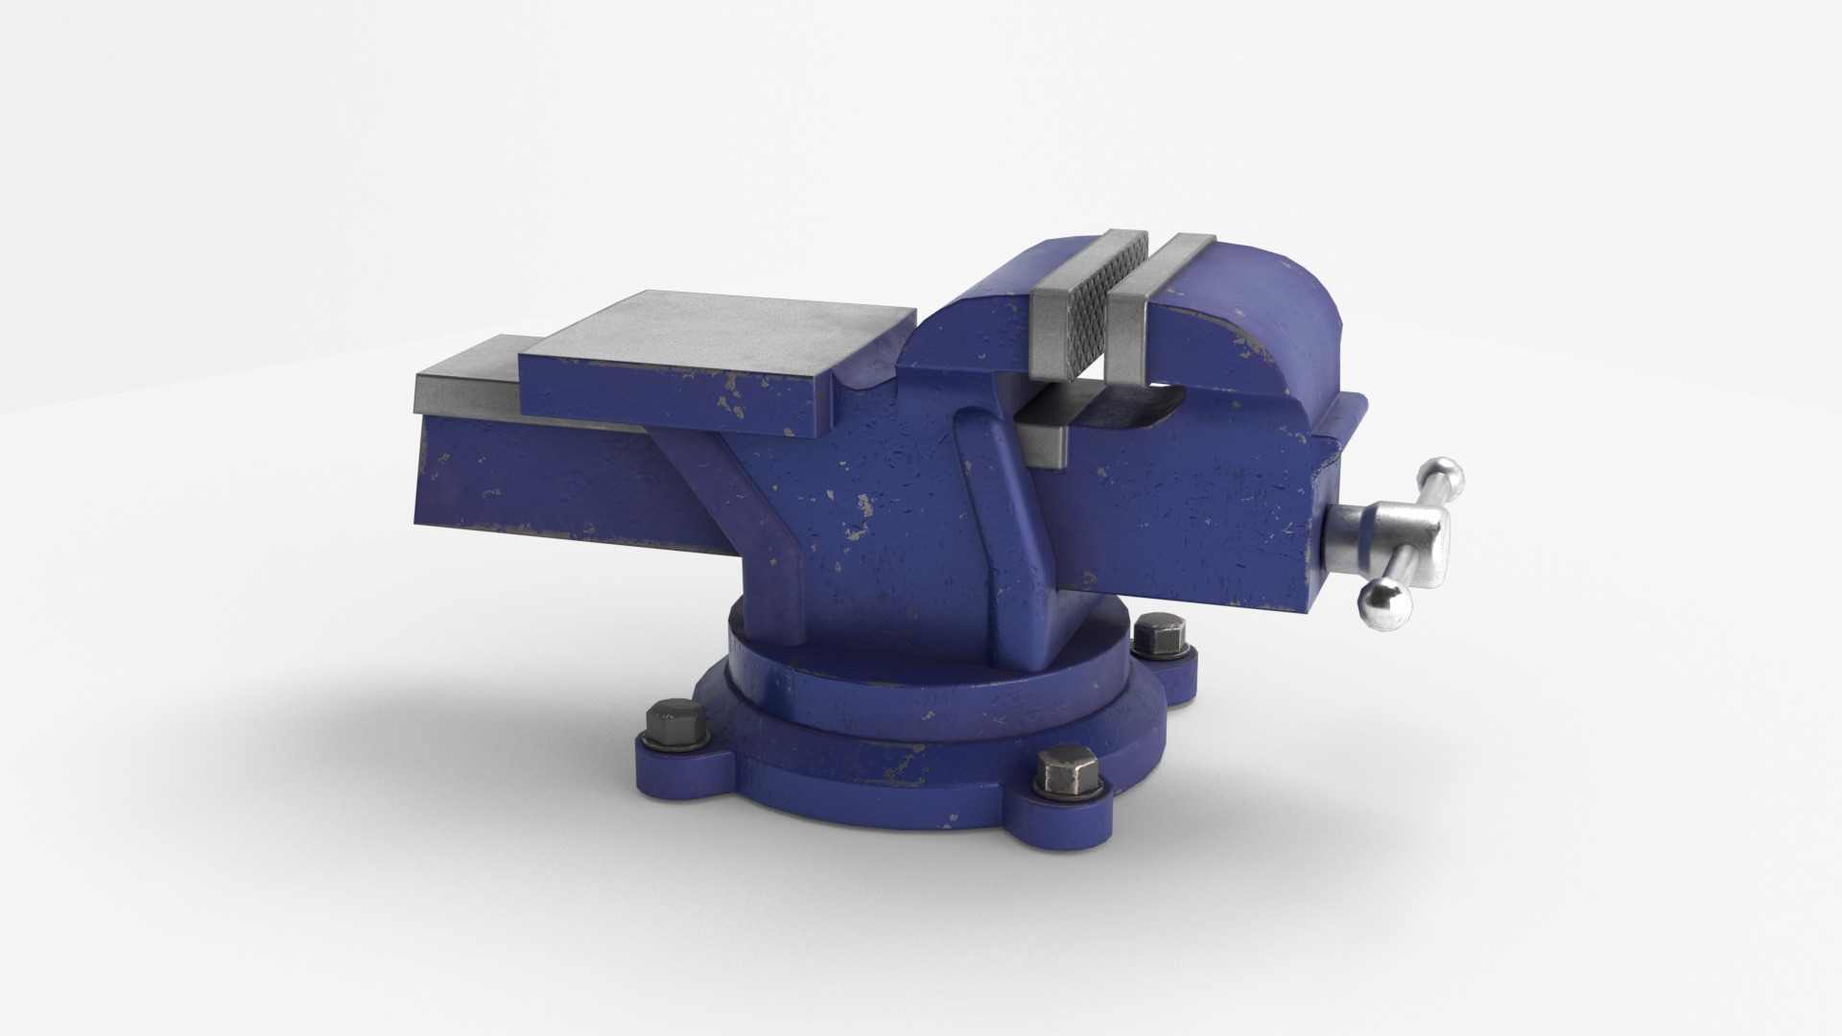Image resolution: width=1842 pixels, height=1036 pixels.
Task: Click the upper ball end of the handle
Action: click(x=1443, y=475)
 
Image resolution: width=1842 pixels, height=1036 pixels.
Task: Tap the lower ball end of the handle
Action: click(x=1381, y=604)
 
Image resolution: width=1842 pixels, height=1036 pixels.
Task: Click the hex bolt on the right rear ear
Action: click(x=1159, y=638)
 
